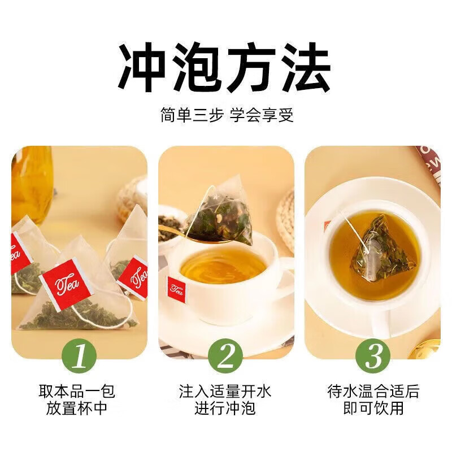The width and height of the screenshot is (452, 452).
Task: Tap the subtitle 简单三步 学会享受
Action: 226,115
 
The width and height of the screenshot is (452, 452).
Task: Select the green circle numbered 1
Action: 80,356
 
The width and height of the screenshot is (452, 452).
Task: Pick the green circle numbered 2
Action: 225,356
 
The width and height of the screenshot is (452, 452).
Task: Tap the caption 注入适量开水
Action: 225,391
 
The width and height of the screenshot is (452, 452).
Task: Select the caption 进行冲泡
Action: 225,408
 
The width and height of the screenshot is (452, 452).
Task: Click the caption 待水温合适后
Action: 373,391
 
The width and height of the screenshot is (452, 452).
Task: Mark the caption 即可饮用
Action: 373,408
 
